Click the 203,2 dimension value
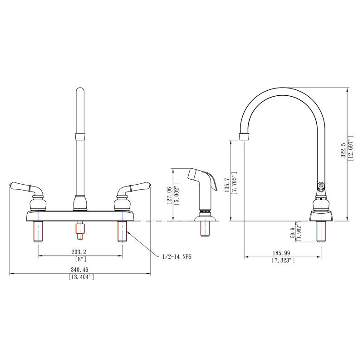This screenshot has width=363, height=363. [80, 252]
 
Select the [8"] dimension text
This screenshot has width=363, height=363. [80, 260]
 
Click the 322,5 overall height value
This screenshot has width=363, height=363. [343, 150]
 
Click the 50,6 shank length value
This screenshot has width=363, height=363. [292, 231]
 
